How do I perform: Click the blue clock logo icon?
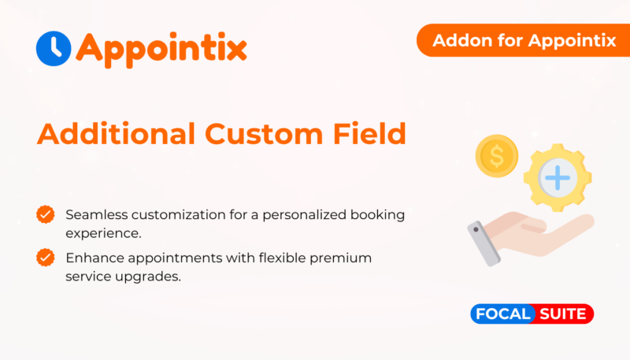coord(54,49)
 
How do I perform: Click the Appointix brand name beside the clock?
coord(161,50)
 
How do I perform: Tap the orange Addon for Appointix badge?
coord(523,40)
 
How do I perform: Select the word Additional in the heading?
coord(116,133)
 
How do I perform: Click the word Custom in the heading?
coord(264,134)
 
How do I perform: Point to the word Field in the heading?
coord(369,133)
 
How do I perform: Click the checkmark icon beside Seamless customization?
coord(46,214)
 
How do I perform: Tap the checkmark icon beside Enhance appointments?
coord(46,258)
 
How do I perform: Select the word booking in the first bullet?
coord(377,215)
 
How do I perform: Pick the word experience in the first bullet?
coord(103,234)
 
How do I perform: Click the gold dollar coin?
coord(497,156)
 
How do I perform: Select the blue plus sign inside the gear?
coord(558,177)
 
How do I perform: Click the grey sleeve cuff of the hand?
coord(484,243)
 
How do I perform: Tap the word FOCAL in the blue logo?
coord(502,314)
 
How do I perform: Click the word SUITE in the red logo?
coord(562,314)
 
